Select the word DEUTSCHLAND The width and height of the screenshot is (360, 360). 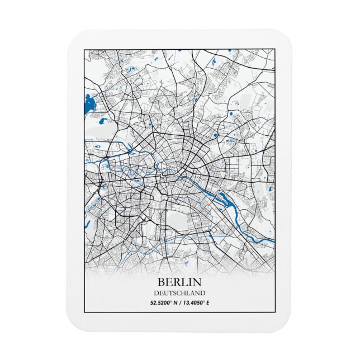pyautogui.click(x=179, y=292)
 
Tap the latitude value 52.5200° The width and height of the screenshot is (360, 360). pyautogui.click(x=161, y=303)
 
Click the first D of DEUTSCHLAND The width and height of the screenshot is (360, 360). pyautogui.click(x=156, y=292)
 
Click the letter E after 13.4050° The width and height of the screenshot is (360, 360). pyautogui.click(x=209, y=303)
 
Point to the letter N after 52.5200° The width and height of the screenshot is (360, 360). pyautogui.click(x=175, y=303)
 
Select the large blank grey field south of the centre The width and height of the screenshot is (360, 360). pyautogui.click(x=179, y=223)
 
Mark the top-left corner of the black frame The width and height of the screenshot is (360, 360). pyautogui.click(x=84, y=49)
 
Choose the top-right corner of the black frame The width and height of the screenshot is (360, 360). pyautogui.click(x=276, y=49)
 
